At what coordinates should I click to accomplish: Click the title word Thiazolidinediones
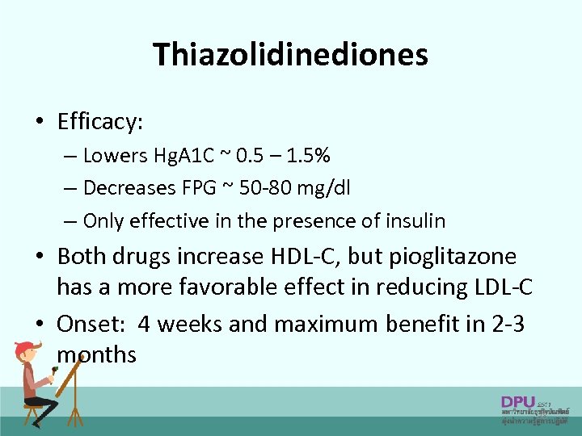pyautogui.click(x=290, y=55)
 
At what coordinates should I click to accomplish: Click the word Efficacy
pyautogui.click(x=99, y=122)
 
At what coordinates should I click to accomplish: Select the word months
pyautogui.click(x=97, y=354)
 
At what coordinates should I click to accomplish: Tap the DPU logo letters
pyautogui.click(x=517, y=401)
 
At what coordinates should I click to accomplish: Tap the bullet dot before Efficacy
pyautogui.click(x=39, y=123)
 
